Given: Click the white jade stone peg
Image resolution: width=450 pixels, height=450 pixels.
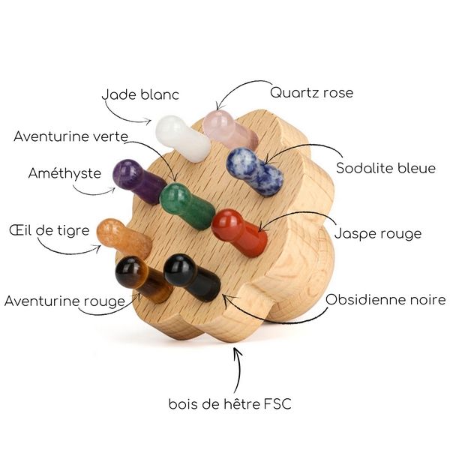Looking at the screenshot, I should [182, 137].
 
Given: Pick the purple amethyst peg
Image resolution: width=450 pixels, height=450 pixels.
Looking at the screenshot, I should [138, 180].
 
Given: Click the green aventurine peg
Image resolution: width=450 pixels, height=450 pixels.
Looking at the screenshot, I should [186, 205].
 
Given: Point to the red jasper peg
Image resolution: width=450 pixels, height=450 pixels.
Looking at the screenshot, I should [238, 232].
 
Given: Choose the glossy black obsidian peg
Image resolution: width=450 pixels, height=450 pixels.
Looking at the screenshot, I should [190, 277].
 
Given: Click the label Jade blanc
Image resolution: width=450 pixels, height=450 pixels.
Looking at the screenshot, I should [140, 95].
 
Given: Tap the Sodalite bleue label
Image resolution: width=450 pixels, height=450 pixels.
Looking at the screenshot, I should [385, 168].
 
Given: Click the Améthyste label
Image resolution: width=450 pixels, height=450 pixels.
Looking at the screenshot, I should [64, 173].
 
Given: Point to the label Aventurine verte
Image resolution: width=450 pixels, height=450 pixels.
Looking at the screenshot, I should [71, 136].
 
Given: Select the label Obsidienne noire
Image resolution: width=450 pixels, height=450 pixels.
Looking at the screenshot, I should [385, 300].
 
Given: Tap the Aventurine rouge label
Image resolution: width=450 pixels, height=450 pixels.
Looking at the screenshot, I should [64, 301].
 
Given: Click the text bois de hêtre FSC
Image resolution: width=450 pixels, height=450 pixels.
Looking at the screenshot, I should [229, 405].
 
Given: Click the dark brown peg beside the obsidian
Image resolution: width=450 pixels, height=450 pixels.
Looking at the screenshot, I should [139, 278].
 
